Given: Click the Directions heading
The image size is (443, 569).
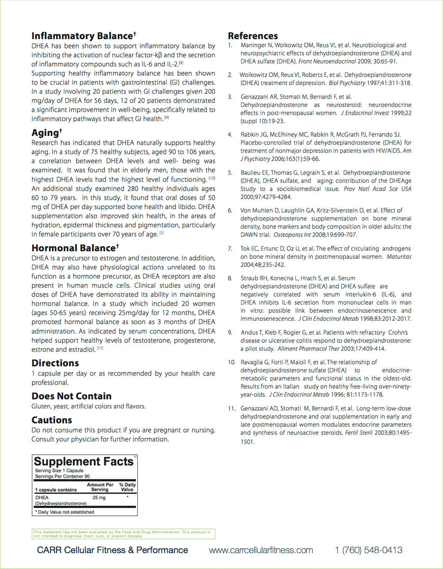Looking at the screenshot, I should click(55, 363).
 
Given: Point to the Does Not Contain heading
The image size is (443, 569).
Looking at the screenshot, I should click(71, 396).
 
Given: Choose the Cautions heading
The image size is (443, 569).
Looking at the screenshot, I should click(52, 420).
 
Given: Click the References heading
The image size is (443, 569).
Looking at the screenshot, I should click(253, 36).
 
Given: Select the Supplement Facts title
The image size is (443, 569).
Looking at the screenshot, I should click(83, 462).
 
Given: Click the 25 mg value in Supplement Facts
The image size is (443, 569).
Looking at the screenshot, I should click(99, 497).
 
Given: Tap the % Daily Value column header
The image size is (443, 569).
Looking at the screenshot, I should click(127, 487).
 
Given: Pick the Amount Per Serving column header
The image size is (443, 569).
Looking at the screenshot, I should click(100, 487).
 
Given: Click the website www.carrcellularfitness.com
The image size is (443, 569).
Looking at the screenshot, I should click(261, 550).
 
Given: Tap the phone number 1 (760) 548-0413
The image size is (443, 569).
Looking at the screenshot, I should click(369, 550).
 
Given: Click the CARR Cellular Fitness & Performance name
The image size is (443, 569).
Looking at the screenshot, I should click(112, 550).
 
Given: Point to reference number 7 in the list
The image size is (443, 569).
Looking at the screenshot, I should click(230, 248).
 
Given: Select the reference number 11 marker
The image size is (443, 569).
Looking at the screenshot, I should click(231, 408).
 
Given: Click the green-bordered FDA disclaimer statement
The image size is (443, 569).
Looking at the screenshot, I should click(123, 534).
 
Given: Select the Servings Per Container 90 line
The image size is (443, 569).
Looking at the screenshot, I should click(66, 476).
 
